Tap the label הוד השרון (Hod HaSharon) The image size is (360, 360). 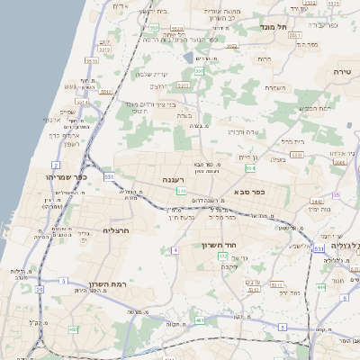(x=242, y=245)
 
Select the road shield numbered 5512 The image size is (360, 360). (x=107, y=91)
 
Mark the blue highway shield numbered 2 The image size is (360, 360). (x=57, y=166)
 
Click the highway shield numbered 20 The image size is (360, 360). (x=39, y=289)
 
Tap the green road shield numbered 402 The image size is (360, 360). (x=222, y=256)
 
